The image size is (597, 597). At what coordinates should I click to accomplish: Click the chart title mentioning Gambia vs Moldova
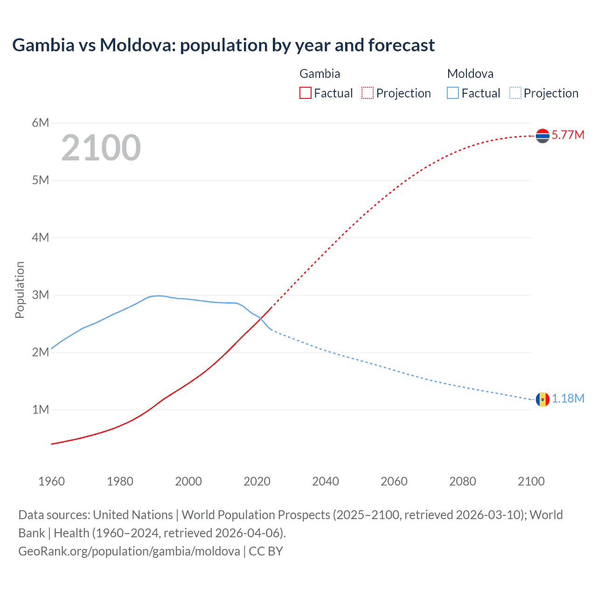[223, 45]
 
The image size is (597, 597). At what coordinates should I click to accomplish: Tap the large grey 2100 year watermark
[101, 148]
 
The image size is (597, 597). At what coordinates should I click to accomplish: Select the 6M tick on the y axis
[41, 123]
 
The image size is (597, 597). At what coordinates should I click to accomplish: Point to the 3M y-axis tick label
[41, 295]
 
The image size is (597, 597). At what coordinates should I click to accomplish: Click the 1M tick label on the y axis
[41, 410]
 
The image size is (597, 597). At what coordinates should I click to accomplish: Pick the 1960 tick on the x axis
[51, 481]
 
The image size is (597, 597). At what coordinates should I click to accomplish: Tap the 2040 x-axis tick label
[326, 481]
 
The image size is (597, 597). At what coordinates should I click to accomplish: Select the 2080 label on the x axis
[463, 481]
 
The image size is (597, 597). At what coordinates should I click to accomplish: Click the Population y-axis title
[20, 290]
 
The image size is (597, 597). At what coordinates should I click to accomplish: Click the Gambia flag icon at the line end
[542, 136]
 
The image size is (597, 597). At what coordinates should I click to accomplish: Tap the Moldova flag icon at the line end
[542, 399]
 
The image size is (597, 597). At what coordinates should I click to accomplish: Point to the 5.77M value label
[568, 135]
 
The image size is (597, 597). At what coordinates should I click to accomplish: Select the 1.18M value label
[568, 399]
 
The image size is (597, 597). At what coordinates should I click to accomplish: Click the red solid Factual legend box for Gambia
[305, 93]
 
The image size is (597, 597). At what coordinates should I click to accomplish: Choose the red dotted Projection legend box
[368, 93]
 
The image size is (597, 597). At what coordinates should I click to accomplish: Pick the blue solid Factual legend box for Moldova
[453, 93]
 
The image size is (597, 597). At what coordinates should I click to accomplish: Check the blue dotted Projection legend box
[515, 93]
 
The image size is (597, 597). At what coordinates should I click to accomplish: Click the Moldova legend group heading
[470, 74]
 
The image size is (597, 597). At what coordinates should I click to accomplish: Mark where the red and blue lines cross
[261, 319]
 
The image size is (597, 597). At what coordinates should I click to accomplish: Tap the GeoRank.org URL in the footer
[129, 551]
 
